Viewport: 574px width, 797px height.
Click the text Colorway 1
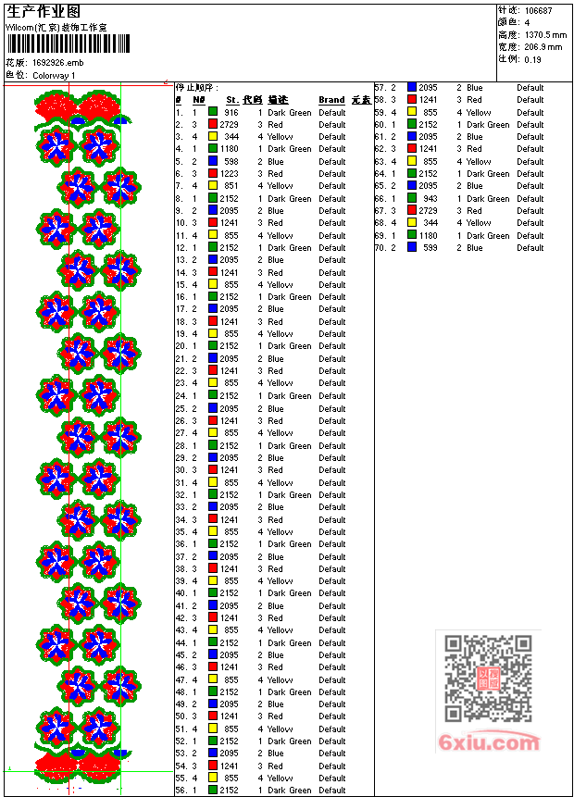55,75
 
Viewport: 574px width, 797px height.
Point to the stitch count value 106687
539,11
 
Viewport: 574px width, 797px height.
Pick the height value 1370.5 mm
546,34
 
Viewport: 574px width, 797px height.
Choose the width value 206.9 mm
543,46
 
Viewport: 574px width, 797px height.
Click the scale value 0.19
533,59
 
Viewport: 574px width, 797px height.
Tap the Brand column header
331,100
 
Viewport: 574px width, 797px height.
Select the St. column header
231,100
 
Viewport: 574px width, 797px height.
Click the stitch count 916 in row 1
231,112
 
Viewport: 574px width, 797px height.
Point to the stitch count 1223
229,173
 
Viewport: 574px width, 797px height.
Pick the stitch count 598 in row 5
231,161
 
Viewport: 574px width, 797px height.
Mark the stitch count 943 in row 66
430,198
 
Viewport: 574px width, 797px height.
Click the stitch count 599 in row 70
430,247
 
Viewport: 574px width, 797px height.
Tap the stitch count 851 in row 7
231,186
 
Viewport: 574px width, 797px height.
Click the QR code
476,679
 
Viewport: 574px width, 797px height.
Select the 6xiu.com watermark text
490,742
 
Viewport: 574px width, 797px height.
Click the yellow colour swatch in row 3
212,136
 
